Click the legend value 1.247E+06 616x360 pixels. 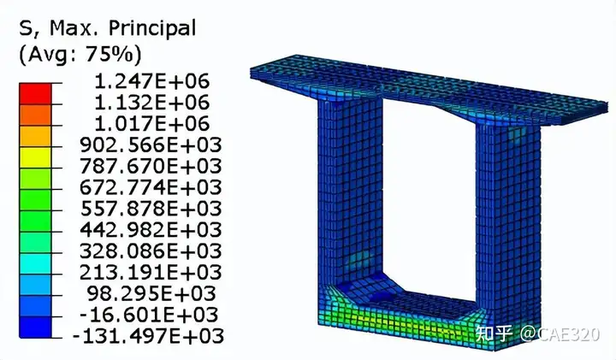pos(152,81)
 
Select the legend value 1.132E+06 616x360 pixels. pos(152,103)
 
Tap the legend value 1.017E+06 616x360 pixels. pos(152,124)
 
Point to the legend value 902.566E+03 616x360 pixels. pos(151,145)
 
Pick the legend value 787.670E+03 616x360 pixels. pos(151,166)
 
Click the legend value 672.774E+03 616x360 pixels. pos(151,187)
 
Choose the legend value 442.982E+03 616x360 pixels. pos(151,230)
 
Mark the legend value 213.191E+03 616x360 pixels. pos(151,272)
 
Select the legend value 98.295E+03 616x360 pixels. pos(151,293)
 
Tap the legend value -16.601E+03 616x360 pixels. pos(149,315)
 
